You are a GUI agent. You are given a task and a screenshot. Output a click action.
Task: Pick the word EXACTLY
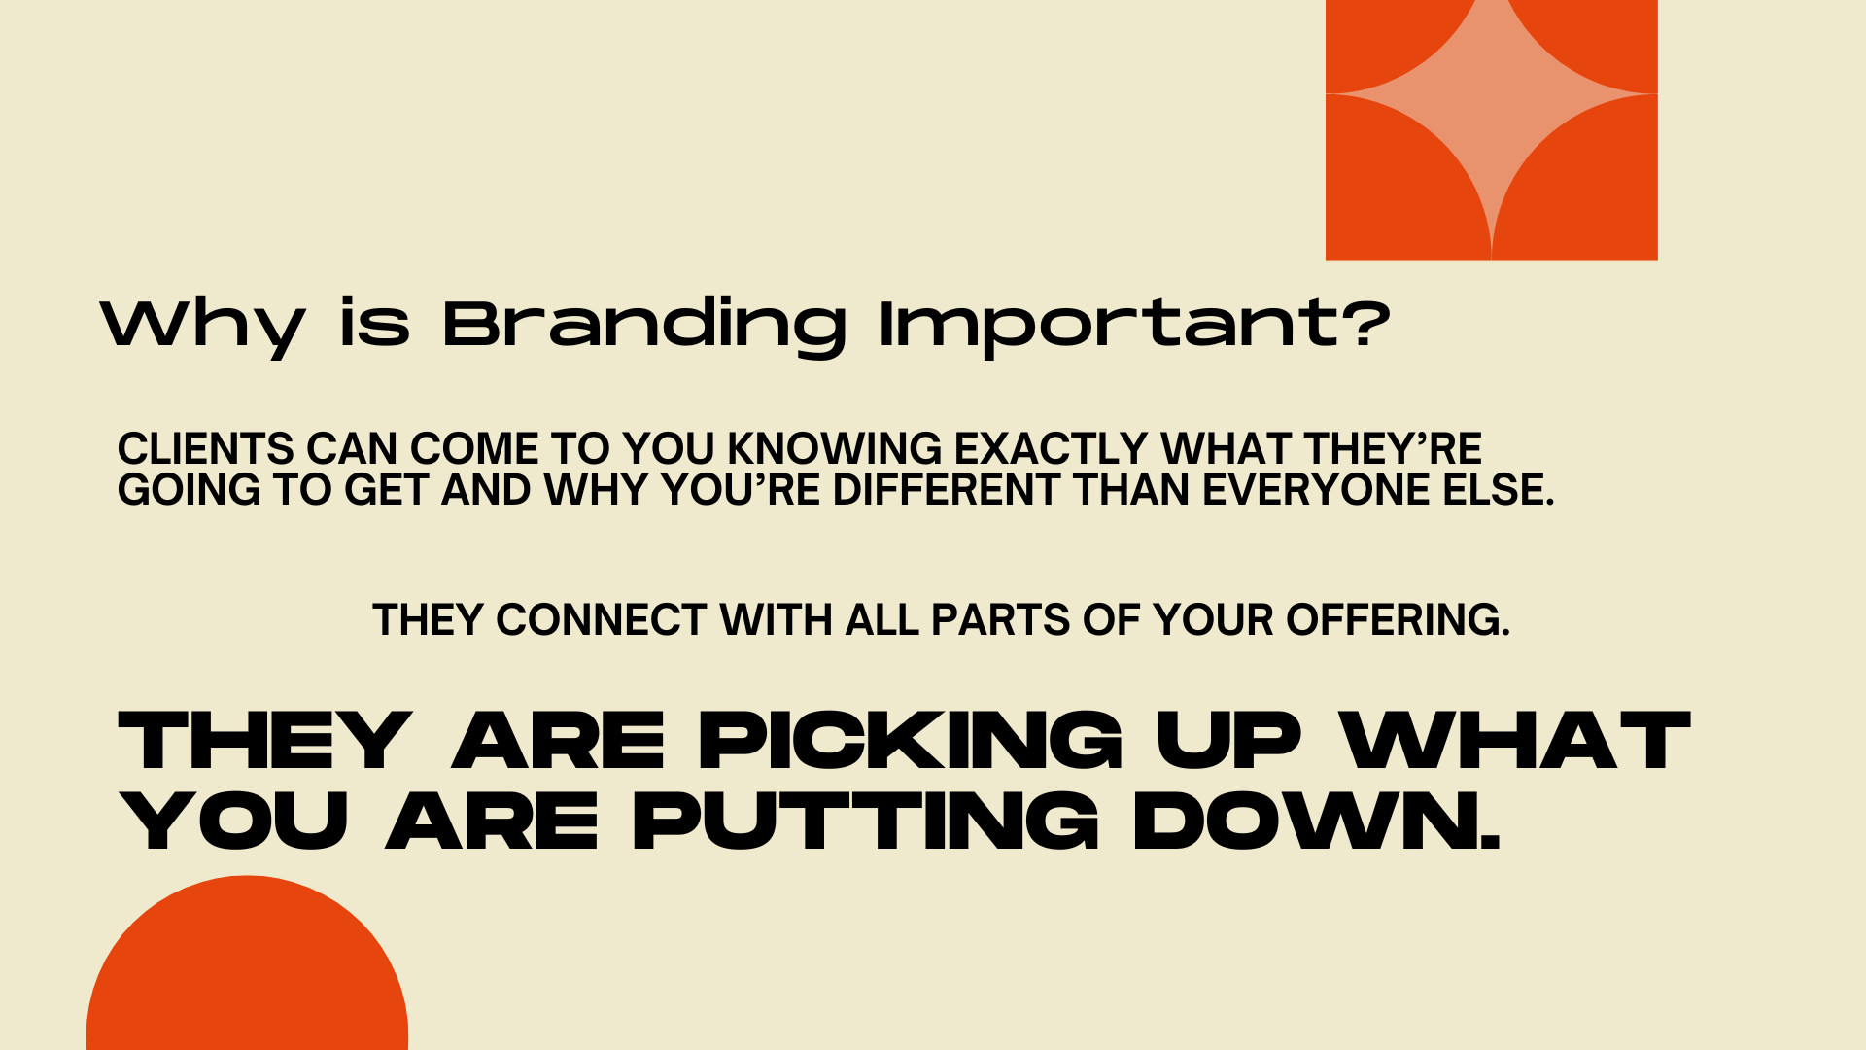(1052, 449)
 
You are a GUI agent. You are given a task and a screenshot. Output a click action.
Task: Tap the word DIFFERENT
(946, 490)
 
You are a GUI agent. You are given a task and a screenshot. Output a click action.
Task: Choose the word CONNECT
(602, 620)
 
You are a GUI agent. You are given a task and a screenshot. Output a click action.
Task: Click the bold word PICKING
(911, 741)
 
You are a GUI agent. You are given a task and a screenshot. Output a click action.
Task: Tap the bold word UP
(1228, 741)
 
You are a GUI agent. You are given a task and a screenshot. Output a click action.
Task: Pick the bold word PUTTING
(865, 822)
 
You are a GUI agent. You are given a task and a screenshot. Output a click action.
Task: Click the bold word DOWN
(1317, 822)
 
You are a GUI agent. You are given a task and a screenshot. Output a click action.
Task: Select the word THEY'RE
(1393, 449)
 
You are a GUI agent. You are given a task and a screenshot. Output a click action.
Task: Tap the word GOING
(190, 490)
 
